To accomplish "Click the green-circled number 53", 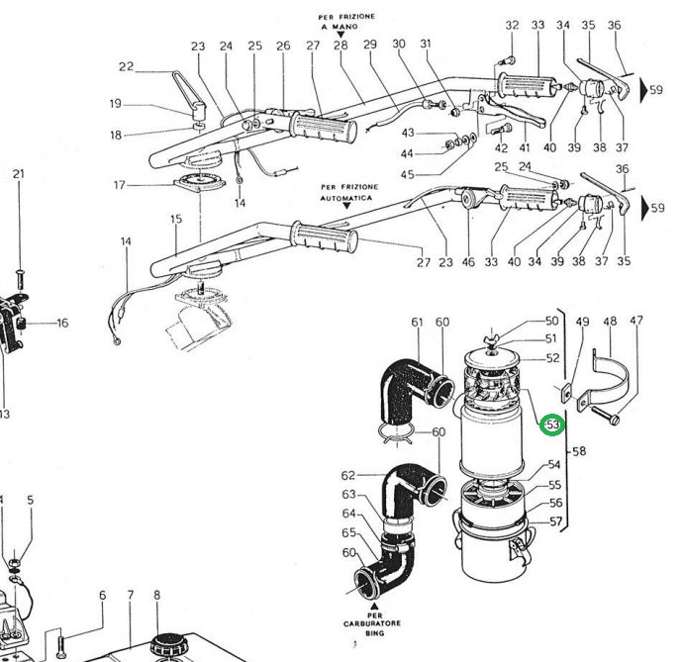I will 552,425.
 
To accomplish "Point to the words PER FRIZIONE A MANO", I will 340,22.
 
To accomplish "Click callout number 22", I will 126,67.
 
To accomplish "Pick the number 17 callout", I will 121,185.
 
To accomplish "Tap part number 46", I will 467,262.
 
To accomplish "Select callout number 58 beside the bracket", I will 579,451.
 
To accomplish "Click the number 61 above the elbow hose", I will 417,323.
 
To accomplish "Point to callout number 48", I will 610,322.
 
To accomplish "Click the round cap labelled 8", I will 161,649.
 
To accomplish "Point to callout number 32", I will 512,25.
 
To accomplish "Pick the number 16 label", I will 62,323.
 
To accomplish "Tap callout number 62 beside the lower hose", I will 348,476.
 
